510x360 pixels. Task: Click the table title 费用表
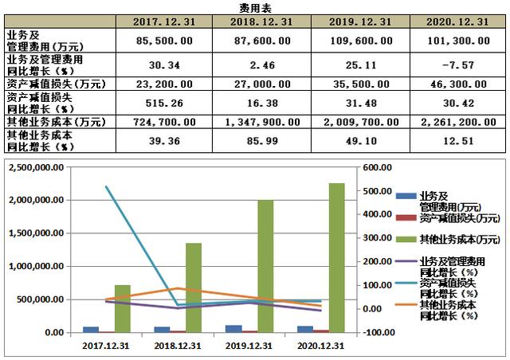(255, 7)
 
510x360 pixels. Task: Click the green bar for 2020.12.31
(337, 257)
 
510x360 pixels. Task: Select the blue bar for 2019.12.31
(233, 329)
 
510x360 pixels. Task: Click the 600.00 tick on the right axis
(379, 168)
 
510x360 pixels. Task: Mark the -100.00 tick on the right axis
(379, 333)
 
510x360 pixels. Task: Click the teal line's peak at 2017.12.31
(107, 186)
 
